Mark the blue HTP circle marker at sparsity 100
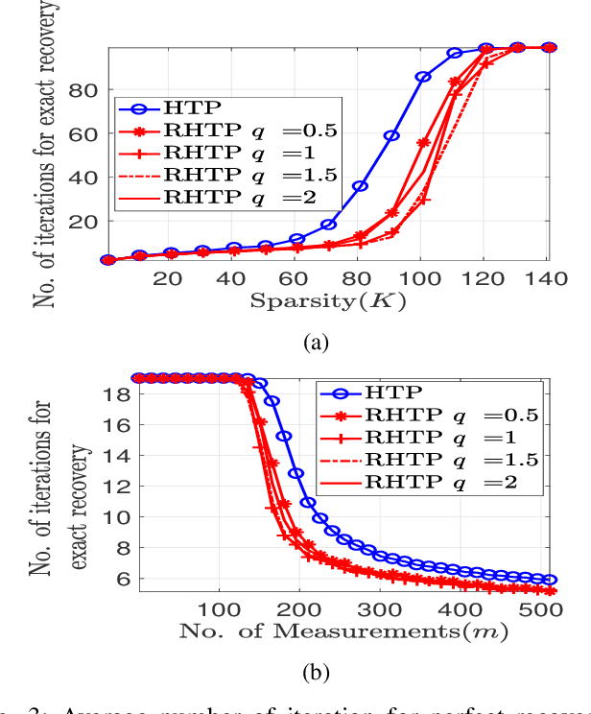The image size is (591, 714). [422, 77]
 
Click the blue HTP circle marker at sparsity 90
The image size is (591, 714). [391, 135]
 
